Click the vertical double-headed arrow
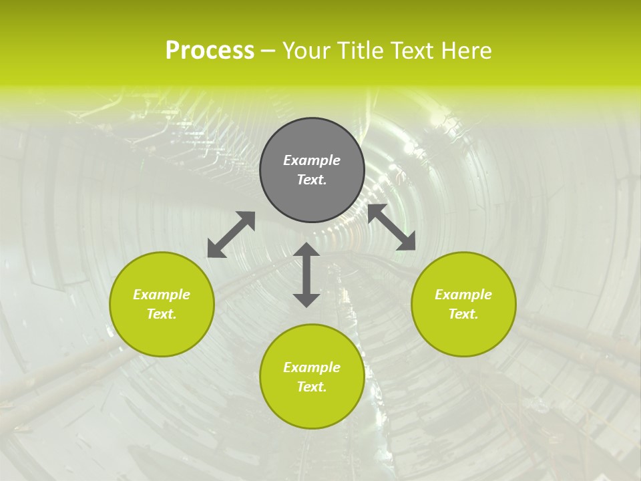(306, 275)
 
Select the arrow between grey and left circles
(231, 234)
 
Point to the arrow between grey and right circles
(391, 227)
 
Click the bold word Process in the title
(210, 51)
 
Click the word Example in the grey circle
(312, 160)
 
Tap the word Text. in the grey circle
(312, 180)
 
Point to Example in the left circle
(162, 295)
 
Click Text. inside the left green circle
(162, 314)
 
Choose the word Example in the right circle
(463, 295)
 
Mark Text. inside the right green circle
(463, 314)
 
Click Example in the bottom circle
(312, 367)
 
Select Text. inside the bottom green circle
(312, 387)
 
